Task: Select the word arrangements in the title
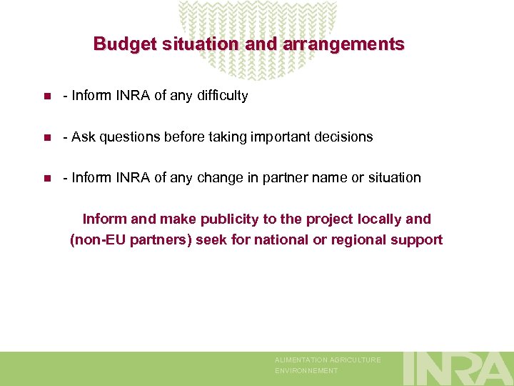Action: (x=343, y=44)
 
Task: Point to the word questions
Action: (x=126, y=137)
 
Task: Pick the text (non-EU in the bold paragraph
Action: (x=98, y=240)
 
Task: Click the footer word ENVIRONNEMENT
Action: (x=306, y=371)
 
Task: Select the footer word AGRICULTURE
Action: (x=356, y=360)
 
